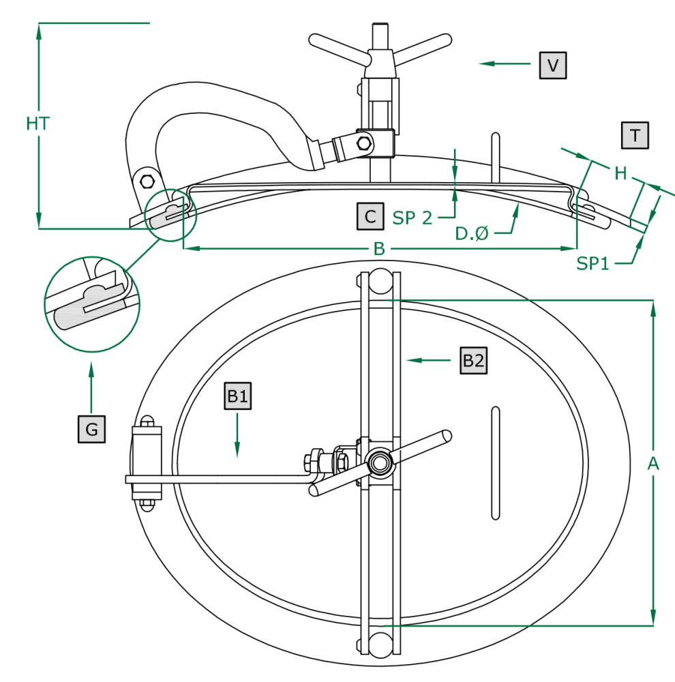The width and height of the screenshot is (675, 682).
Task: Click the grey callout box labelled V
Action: (553, 65)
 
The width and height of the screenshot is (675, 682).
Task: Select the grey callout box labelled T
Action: (635, 135)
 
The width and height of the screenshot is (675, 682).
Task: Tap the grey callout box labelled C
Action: (370, 216)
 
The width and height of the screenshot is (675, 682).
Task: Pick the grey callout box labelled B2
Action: (474, 361)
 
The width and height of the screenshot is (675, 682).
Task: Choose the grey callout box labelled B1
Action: (237, 396)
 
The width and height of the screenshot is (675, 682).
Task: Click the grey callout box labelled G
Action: (91, 429)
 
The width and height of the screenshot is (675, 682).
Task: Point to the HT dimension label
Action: (37, 123)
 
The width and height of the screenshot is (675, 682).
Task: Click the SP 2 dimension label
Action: (412, 218)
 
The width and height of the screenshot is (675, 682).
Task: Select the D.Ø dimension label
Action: (472, 233)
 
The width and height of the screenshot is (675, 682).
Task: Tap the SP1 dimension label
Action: (592, 263)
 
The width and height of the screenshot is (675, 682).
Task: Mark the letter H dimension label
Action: (620, 173)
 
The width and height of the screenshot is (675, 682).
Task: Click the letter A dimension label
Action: (653, 464)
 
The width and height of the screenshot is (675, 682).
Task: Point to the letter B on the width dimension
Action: (379, 249)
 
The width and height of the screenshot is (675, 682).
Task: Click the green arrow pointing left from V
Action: (505, 63)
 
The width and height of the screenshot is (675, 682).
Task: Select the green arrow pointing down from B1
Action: (237, 435)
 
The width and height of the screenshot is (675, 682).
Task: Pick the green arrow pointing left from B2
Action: (429, 360)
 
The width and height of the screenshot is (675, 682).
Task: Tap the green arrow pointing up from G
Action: (91, 389)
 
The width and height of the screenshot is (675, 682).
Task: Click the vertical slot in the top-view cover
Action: (496, 463)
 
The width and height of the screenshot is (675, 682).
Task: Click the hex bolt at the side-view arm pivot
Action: (147, 181)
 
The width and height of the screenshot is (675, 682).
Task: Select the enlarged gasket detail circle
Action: (92, 304)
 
